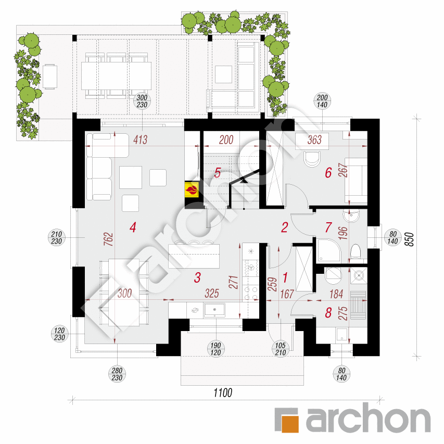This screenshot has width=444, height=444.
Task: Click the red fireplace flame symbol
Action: tap(192, 188)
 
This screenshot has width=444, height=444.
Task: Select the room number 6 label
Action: tap(328, 172)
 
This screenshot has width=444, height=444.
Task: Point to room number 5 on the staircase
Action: tap(218, 172)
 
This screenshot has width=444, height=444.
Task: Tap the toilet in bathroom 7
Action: tap(356, 252)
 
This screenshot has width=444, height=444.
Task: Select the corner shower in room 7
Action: tap(328, 250)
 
